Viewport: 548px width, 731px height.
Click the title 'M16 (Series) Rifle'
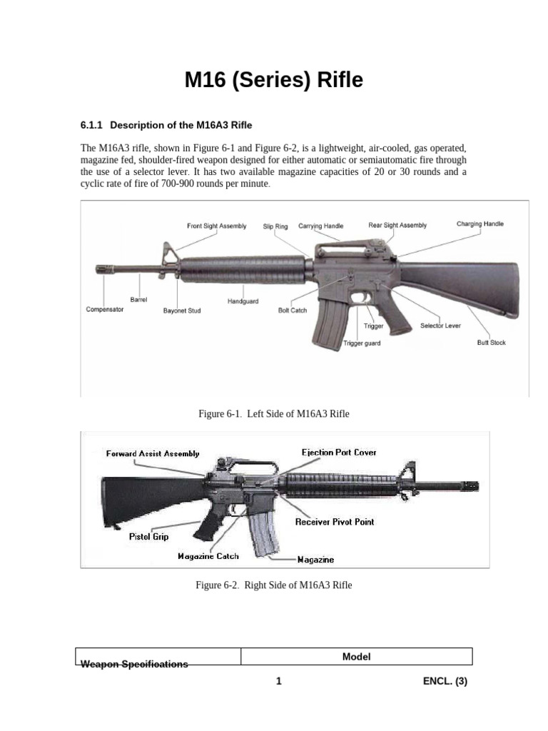(274, 81)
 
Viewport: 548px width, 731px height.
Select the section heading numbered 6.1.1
(166, 125)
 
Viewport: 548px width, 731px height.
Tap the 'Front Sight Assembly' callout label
(217, 226)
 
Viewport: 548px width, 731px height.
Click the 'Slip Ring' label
(275, 226)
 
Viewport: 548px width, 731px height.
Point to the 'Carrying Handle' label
(320, 226)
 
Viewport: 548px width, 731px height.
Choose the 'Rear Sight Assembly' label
(397, 226)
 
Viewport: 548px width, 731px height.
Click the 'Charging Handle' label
(479, 224)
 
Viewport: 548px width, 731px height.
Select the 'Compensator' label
(105, 309)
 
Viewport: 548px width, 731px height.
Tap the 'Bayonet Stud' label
(182, 311)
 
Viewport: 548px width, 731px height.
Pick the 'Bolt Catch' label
(293, 311)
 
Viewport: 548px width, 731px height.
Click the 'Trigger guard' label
(362, 343)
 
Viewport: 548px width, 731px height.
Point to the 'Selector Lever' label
(440, 326)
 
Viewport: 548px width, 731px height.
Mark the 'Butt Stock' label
(491, 343)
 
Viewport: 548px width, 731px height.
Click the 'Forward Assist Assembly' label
(153, 453)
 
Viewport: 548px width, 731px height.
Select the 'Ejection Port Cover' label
(339, 453)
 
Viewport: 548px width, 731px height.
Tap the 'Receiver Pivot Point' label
(335, 522)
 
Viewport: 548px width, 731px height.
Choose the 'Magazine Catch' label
(208, 556)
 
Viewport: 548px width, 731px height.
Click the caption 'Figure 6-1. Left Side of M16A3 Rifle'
(274, 414)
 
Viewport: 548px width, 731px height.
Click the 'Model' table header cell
(356, 657)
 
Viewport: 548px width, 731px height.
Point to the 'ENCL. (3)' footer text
(445, 681)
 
